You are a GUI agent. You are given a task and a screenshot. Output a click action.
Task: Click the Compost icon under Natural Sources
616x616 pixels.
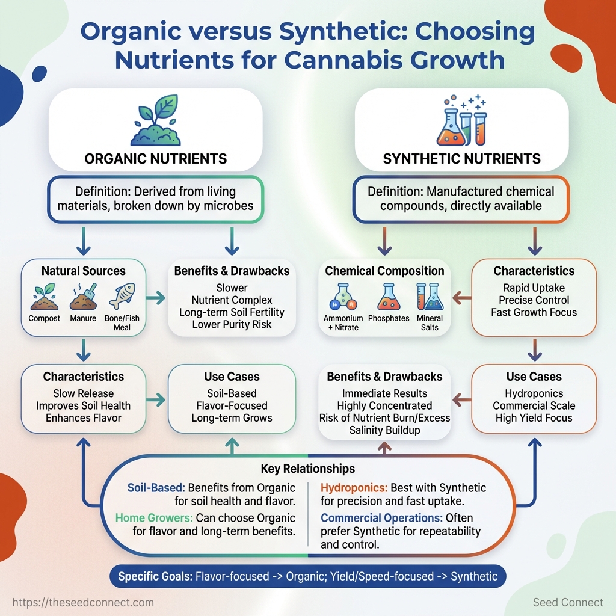point(44,297)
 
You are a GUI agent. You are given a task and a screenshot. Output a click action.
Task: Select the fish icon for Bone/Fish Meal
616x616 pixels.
point(122,296)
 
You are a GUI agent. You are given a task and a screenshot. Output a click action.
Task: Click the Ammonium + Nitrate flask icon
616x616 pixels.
point(343,297)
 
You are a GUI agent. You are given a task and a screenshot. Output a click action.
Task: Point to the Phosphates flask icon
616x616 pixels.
point(388,297)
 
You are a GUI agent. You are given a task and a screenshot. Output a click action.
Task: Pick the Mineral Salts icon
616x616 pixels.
point(430,297)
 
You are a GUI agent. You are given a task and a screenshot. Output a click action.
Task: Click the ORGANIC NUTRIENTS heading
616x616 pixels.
point(156,159)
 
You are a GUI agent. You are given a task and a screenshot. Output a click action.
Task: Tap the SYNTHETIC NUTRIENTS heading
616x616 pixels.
point(462,159)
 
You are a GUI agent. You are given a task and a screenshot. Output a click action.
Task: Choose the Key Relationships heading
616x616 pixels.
point(308,469)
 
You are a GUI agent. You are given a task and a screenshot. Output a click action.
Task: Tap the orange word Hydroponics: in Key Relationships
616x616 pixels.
point(354,488)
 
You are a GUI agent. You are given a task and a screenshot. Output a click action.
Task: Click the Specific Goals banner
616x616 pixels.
point(308,576)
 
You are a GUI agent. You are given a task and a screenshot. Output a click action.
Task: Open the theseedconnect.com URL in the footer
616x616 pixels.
point(83,602)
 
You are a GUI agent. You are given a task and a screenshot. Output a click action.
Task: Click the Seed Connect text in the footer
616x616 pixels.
point(568,602)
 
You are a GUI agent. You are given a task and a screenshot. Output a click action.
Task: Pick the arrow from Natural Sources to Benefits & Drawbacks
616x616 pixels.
point(156,296)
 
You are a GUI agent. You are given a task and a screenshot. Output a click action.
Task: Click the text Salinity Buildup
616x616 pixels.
point(384,430)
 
